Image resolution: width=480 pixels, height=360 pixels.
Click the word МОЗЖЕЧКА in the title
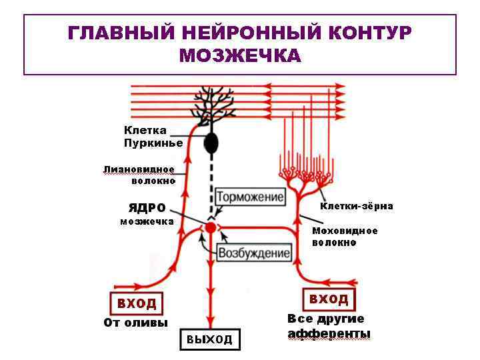tap(240, 55)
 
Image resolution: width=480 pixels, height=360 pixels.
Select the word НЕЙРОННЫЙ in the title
tap(247, 33)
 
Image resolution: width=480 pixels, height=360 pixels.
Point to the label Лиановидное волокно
tap(139, 175)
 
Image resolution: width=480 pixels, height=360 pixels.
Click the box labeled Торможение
tap(250, 197)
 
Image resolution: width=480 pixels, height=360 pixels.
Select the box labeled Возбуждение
tap(255, 253)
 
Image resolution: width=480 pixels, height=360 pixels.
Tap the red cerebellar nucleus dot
tap(211, 228)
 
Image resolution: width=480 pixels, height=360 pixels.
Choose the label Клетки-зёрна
tap(356, 206)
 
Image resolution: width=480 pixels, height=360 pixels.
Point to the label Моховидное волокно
tap(345, 237)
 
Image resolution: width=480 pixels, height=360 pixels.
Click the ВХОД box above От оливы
tap(137, 304)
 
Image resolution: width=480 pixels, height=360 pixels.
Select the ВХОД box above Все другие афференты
tap(329, 298)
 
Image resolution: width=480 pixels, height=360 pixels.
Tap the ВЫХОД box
tap(209, 339)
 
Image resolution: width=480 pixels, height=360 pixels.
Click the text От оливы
tap(136, 323)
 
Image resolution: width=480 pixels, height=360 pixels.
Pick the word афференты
tap(329, 333)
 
